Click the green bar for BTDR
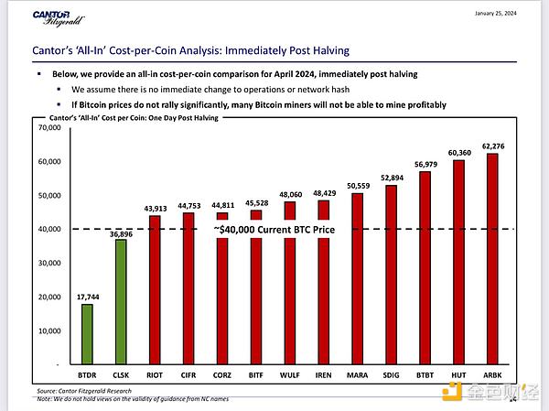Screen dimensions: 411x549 (x=87, y=333)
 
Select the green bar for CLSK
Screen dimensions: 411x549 (x=121, y=301)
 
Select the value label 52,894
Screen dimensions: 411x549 (x=391, y=178)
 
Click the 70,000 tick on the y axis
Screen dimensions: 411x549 (x=48, y=127)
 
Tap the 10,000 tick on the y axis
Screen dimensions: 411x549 (x=48, y=330)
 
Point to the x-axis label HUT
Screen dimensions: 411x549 (x=458, y=376)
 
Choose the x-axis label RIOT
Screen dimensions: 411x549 (x=154, y=376)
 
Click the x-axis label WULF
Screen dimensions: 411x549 (x=289, y=376)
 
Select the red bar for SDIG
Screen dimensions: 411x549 (x=391, y=275)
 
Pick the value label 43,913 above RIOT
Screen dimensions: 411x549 (x=154, y=208)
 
